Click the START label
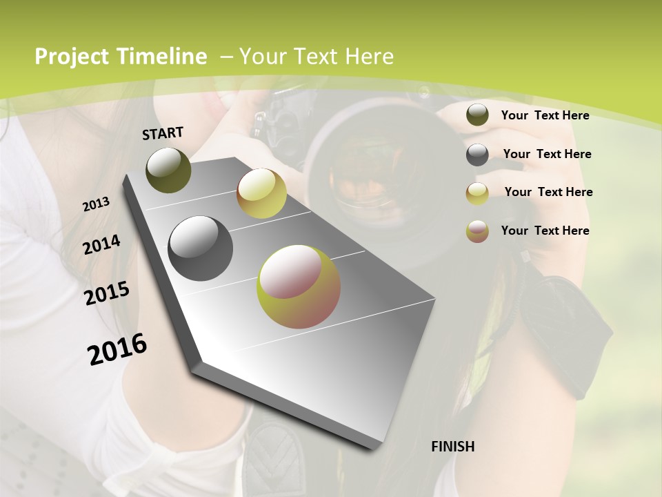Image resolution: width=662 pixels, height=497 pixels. tap(163, 133)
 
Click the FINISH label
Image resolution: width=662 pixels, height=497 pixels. tap(452, 447)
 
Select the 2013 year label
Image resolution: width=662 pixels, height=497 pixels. tap(96, 204)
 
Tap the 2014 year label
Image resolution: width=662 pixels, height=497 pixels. tap(101, 244)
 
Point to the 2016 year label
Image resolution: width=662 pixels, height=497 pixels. tap(117, 349)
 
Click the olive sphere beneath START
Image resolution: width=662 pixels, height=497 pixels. tap(168, 170)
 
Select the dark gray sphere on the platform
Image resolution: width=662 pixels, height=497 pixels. tap(200, 248)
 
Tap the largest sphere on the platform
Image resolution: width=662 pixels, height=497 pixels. tap(299, 286)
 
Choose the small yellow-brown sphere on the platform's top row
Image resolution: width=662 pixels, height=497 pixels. tap(261, 193)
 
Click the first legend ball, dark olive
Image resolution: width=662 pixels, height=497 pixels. tap(477, 115)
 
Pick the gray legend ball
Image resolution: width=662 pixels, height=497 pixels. tap(477, 155)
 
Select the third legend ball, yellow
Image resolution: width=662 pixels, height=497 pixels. tap(477, 193)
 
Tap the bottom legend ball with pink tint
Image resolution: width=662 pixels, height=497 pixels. tap(477, 231)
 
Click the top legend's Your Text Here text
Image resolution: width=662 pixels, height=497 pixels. tap(545, 115)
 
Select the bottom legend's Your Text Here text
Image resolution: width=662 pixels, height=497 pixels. tap(545, 231)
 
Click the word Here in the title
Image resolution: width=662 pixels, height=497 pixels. tap(370, 57)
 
